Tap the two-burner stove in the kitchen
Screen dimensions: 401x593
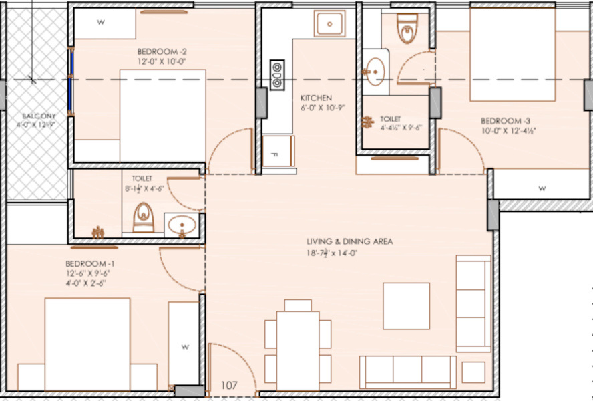(276, 74)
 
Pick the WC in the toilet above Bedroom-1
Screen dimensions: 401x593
(143, 217)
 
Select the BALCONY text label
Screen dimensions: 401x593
(36, 116)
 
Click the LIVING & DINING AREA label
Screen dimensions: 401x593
(349, 241)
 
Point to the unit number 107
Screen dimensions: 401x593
(230, 386)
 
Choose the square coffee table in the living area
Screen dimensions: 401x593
(406, 305)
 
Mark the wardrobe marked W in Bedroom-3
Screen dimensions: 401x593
(542, 188)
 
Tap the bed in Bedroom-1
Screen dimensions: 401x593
(87, 344)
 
